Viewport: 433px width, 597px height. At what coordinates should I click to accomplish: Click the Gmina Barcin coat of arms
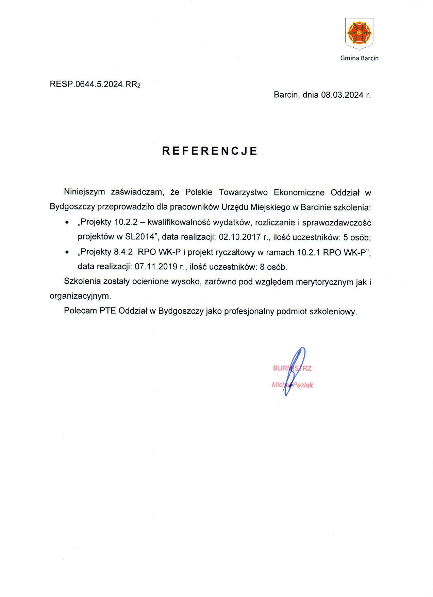click(x=359, y=33)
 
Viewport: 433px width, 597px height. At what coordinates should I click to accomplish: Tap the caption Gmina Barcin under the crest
click(x=359, y=58)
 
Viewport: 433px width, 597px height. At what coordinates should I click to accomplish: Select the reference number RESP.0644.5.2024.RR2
click(x=95, y=84)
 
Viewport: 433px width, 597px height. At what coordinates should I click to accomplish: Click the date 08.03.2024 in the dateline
click(x=342, y=95)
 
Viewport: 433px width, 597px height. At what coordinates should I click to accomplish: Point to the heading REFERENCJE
click(x=210, y=151)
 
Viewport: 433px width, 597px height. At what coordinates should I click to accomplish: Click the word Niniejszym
click(x=84, y=192)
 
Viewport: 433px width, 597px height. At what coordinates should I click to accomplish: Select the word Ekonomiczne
click(x=299, y=192)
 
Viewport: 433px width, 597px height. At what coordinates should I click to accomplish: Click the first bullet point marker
click(x=67, y=223)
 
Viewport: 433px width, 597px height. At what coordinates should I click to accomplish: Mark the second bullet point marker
click(x=67, y=253)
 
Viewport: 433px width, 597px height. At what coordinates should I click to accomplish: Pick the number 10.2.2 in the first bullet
click(x=126, y=222)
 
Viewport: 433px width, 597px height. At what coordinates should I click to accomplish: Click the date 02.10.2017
click(x=239, y=237)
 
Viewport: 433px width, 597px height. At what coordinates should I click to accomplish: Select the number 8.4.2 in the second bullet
click(x=123, y=252)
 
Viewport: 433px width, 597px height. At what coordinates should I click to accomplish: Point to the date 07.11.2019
click(x=156, y=267)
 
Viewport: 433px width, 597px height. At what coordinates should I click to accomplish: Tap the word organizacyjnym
click(x=80, y=296)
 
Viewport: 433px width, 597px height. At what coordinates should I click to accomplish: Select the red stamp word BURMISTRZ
click(x=292, y=368)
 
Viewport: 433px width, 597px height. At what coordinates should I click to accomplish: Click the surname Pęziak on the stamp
click(x=303, y=385)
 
